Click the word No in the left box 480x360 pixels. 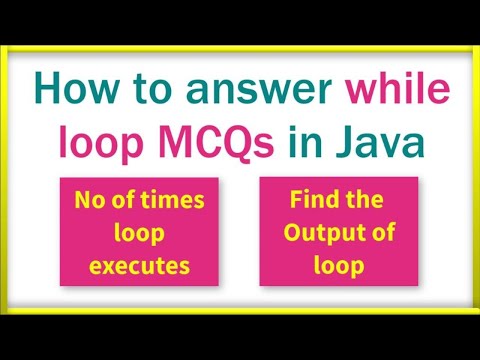click(x=88, y=201)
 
